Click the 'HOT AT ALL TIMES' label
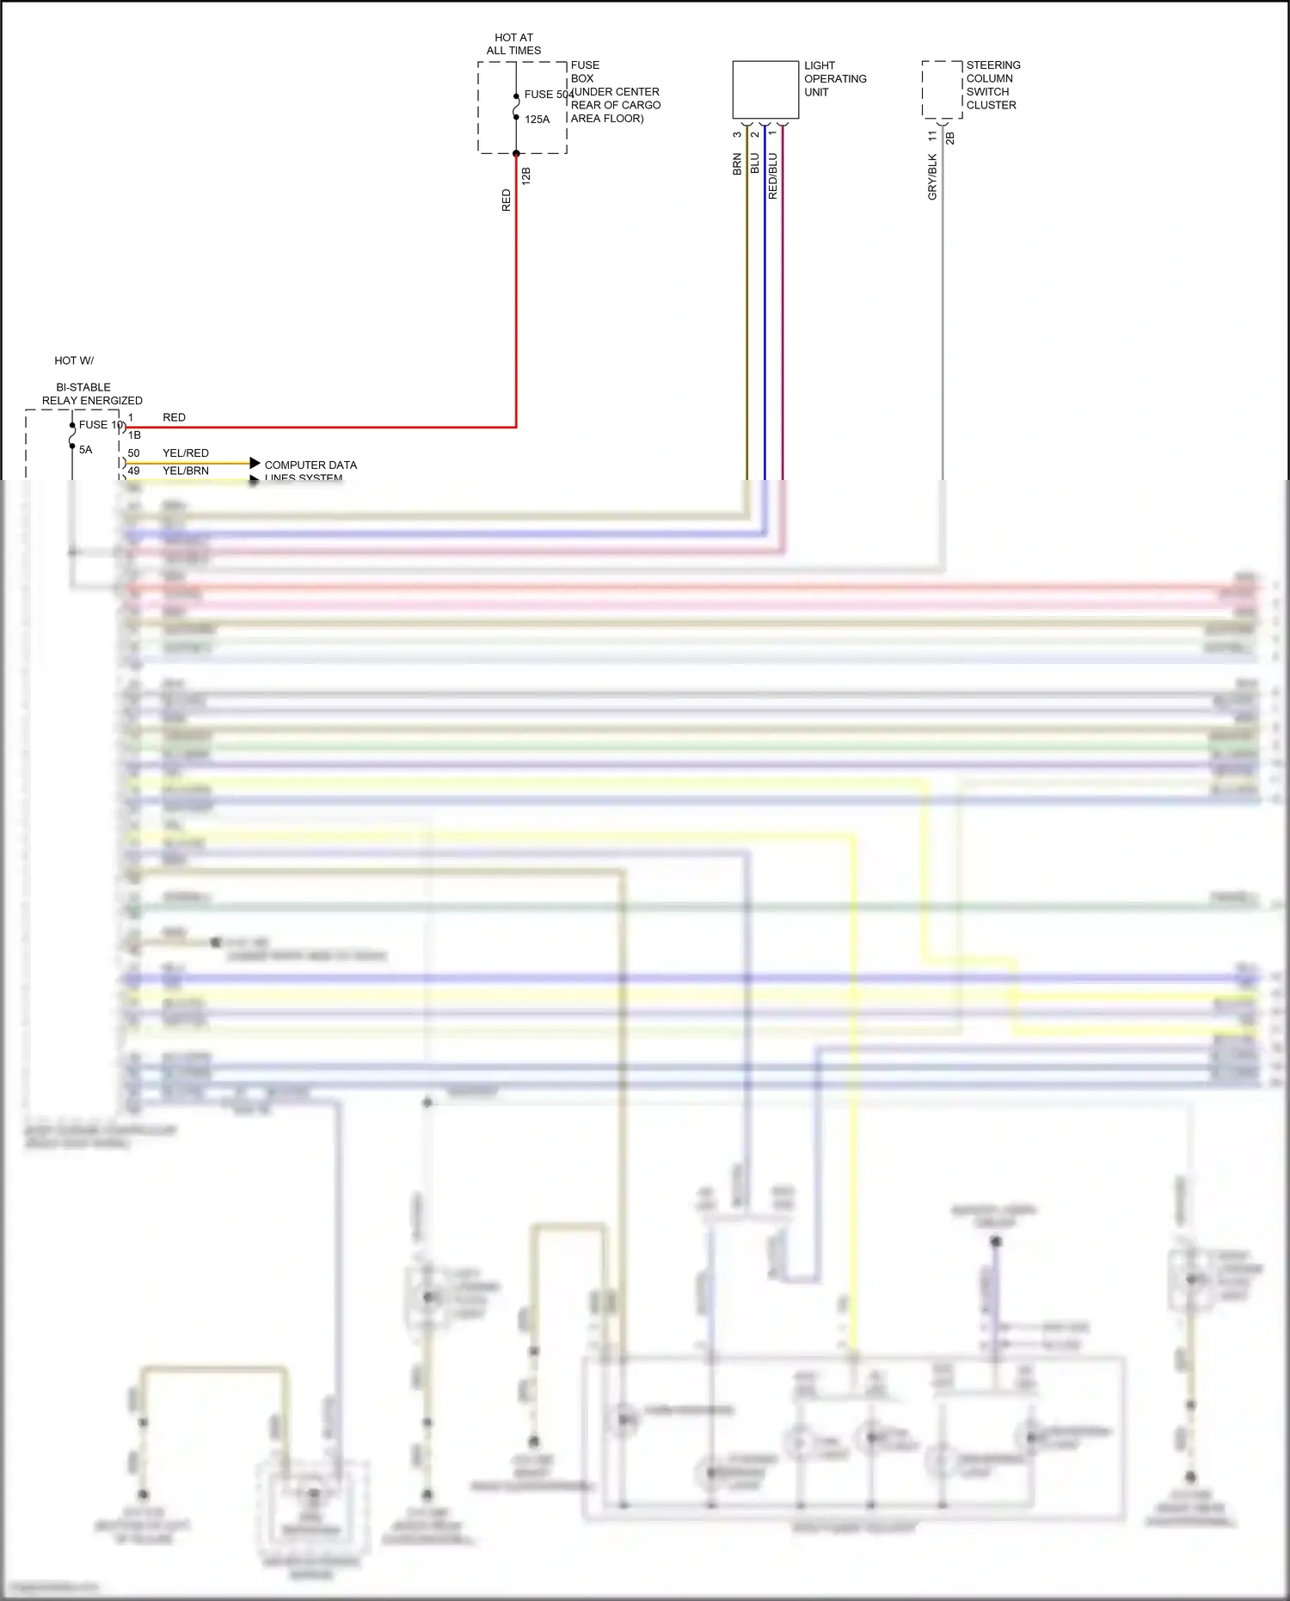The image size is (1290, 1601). [x=513, y=44]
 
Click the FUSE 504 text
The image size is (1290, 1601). [x=548, y=95]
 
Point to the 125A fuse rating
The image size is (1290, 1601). [x=537, y=120]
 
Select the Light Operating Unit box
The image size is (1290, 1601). [x=765, y=89]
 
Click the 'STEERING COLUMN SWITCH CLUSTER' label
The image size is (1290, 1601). [x=992, y=85]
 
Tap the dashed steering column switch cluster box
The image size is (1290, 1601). [x=942, y=89]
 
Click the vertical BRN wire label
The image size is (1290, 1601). [x=737, y=164]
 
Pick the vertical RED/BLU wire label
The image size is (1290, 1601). [x=772, y=176]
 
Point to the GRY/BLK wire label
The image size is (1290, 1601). [x=932, y=177]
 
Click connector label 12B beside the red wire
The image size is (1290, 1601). [x=525, y=176]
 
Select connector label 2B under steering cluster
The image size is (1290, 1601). [x=950, y=138]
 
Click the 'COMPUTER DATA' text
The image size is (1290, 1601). [x=310, y=465]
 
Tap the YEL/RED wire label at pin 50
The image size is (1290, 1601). [x=186, y=453]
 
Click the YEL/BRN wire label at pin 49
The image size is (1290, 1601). [x=186, y=471]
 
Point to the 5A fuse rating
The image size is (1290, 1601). [x=85, y=450]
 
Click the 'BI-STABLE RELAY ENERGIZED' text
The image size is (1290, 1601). [x=91, y=394]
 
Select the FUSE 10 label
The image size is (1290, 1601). [x=101, y=425]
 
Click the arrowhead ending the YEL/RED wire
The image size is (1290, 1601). [x=255, y=463]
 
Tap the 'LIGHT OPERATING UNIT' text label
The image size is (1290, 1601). [x=834, y=79]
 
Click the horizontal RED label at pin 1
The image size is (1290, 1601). [x=174, y=418]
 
